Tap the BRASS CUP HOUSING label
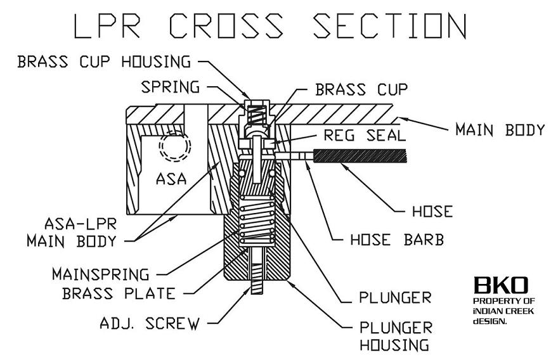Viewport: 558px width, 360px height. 104,61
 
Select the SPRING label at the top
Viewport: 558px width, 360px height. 170,87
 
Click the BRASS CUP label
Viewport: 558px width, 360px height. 361,89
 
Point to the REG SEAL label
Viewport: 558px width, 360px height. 365,135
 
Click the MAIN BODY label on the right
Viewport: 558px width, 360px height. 500,130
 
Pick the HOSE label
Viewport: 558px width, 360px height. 432,211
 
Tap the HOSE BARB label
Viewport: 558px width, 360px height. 397,240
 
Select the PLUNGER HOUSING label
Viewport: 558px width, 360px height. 396,336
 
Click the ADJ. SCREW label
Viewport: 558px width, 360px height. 150,323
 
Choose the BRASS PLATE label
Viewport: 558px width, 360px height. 119,293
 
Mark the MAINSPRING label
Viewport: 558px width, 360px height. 101,274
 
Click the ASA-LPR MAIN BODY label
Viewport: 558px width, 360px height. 72,233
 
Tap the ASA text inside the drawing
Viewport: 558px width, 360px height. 171,179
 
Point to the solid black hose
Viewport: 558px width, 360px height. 360,156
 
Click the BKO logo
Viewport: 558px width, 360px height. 501,285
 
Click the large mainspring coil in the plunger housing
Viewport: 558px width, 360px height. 257,221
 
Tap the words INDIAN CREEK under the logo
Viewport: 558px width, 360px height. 503,311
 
